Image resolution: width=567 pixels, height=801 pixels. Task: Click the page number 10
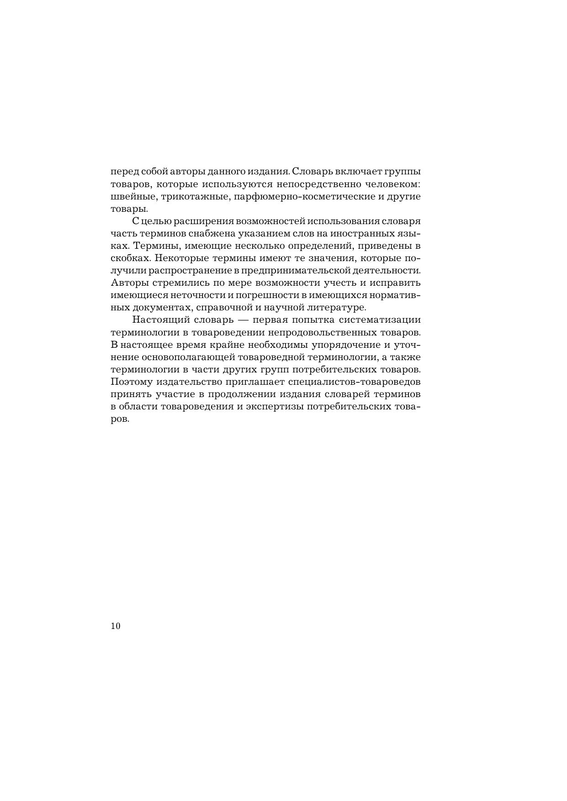pos(115,626)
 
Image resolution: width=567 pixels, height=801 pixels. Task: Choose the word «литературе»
pos(338,308)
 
